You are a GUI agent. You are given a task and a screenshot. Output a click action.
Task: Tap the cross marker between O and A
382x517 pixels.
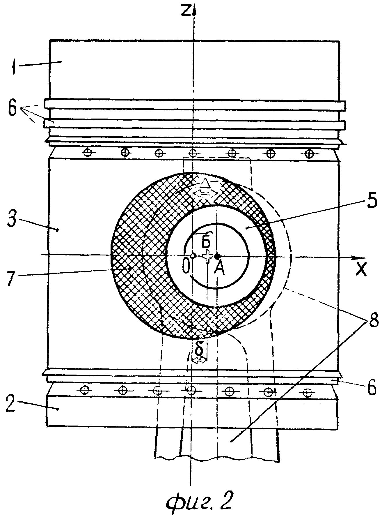207,256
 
